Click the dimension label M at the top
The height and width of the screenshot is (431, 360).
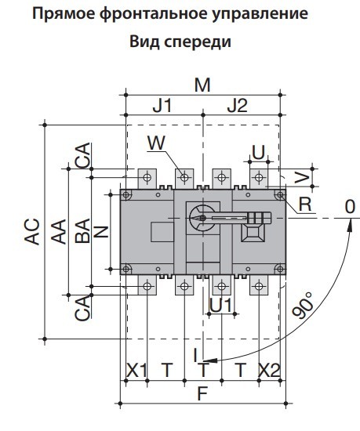click(202, 85)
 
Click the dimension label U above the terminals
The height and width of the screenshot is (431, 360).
click(257, 150)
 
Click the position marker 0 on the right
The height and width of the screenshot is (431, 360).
click(350, 206)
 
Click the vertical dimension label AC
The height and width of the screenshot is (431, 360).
click(33, 233)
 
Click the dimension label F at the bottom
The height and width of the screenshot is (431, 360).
click(202, 394)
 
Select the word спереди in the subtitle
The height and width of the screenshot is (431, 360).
click(199, 41)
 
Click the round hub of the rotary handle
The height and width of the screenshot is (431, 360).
click(201, 217)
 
